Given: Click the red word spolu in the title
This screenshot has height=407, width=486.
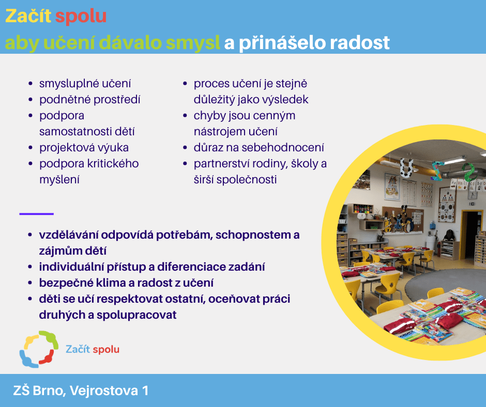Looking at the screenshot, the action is [x=81, y=17].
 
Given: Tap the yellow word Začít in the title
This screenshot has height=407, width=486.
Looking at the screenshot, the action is [x=28, y=16].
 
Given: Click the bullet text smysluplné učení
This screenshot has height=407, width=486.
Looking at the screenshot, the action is [x=85, y=84].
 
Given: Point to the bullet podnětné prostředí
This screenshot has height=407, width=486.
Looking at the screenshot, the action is [x=89, y=100].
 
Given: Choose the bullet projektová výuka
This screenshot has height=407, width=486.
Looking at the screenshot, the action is [x=84, y=147].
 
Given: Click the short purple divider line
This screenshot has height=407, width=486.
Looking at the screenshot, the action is [x=37, y=214].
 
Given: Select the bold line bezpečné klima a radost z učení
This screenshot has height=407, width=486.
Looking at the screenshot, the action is [x=126, y=283].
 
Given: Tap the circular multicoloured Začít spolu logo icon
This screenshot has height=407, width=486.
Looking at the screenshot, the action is [x=39, y=349].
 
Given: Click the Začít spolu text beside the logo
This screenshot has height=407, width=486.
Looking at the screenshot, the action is [x=93, y=349].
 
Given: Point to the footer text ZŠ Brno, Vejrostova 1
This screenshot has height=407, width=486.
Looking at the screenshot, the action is [x=81, y=390].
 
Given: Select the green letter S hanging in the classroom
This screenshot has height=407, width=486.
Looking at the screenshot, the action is [x=468, y=172].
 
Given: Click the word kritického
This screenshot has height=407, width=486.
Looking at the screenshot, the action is [x=113, y=164].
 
